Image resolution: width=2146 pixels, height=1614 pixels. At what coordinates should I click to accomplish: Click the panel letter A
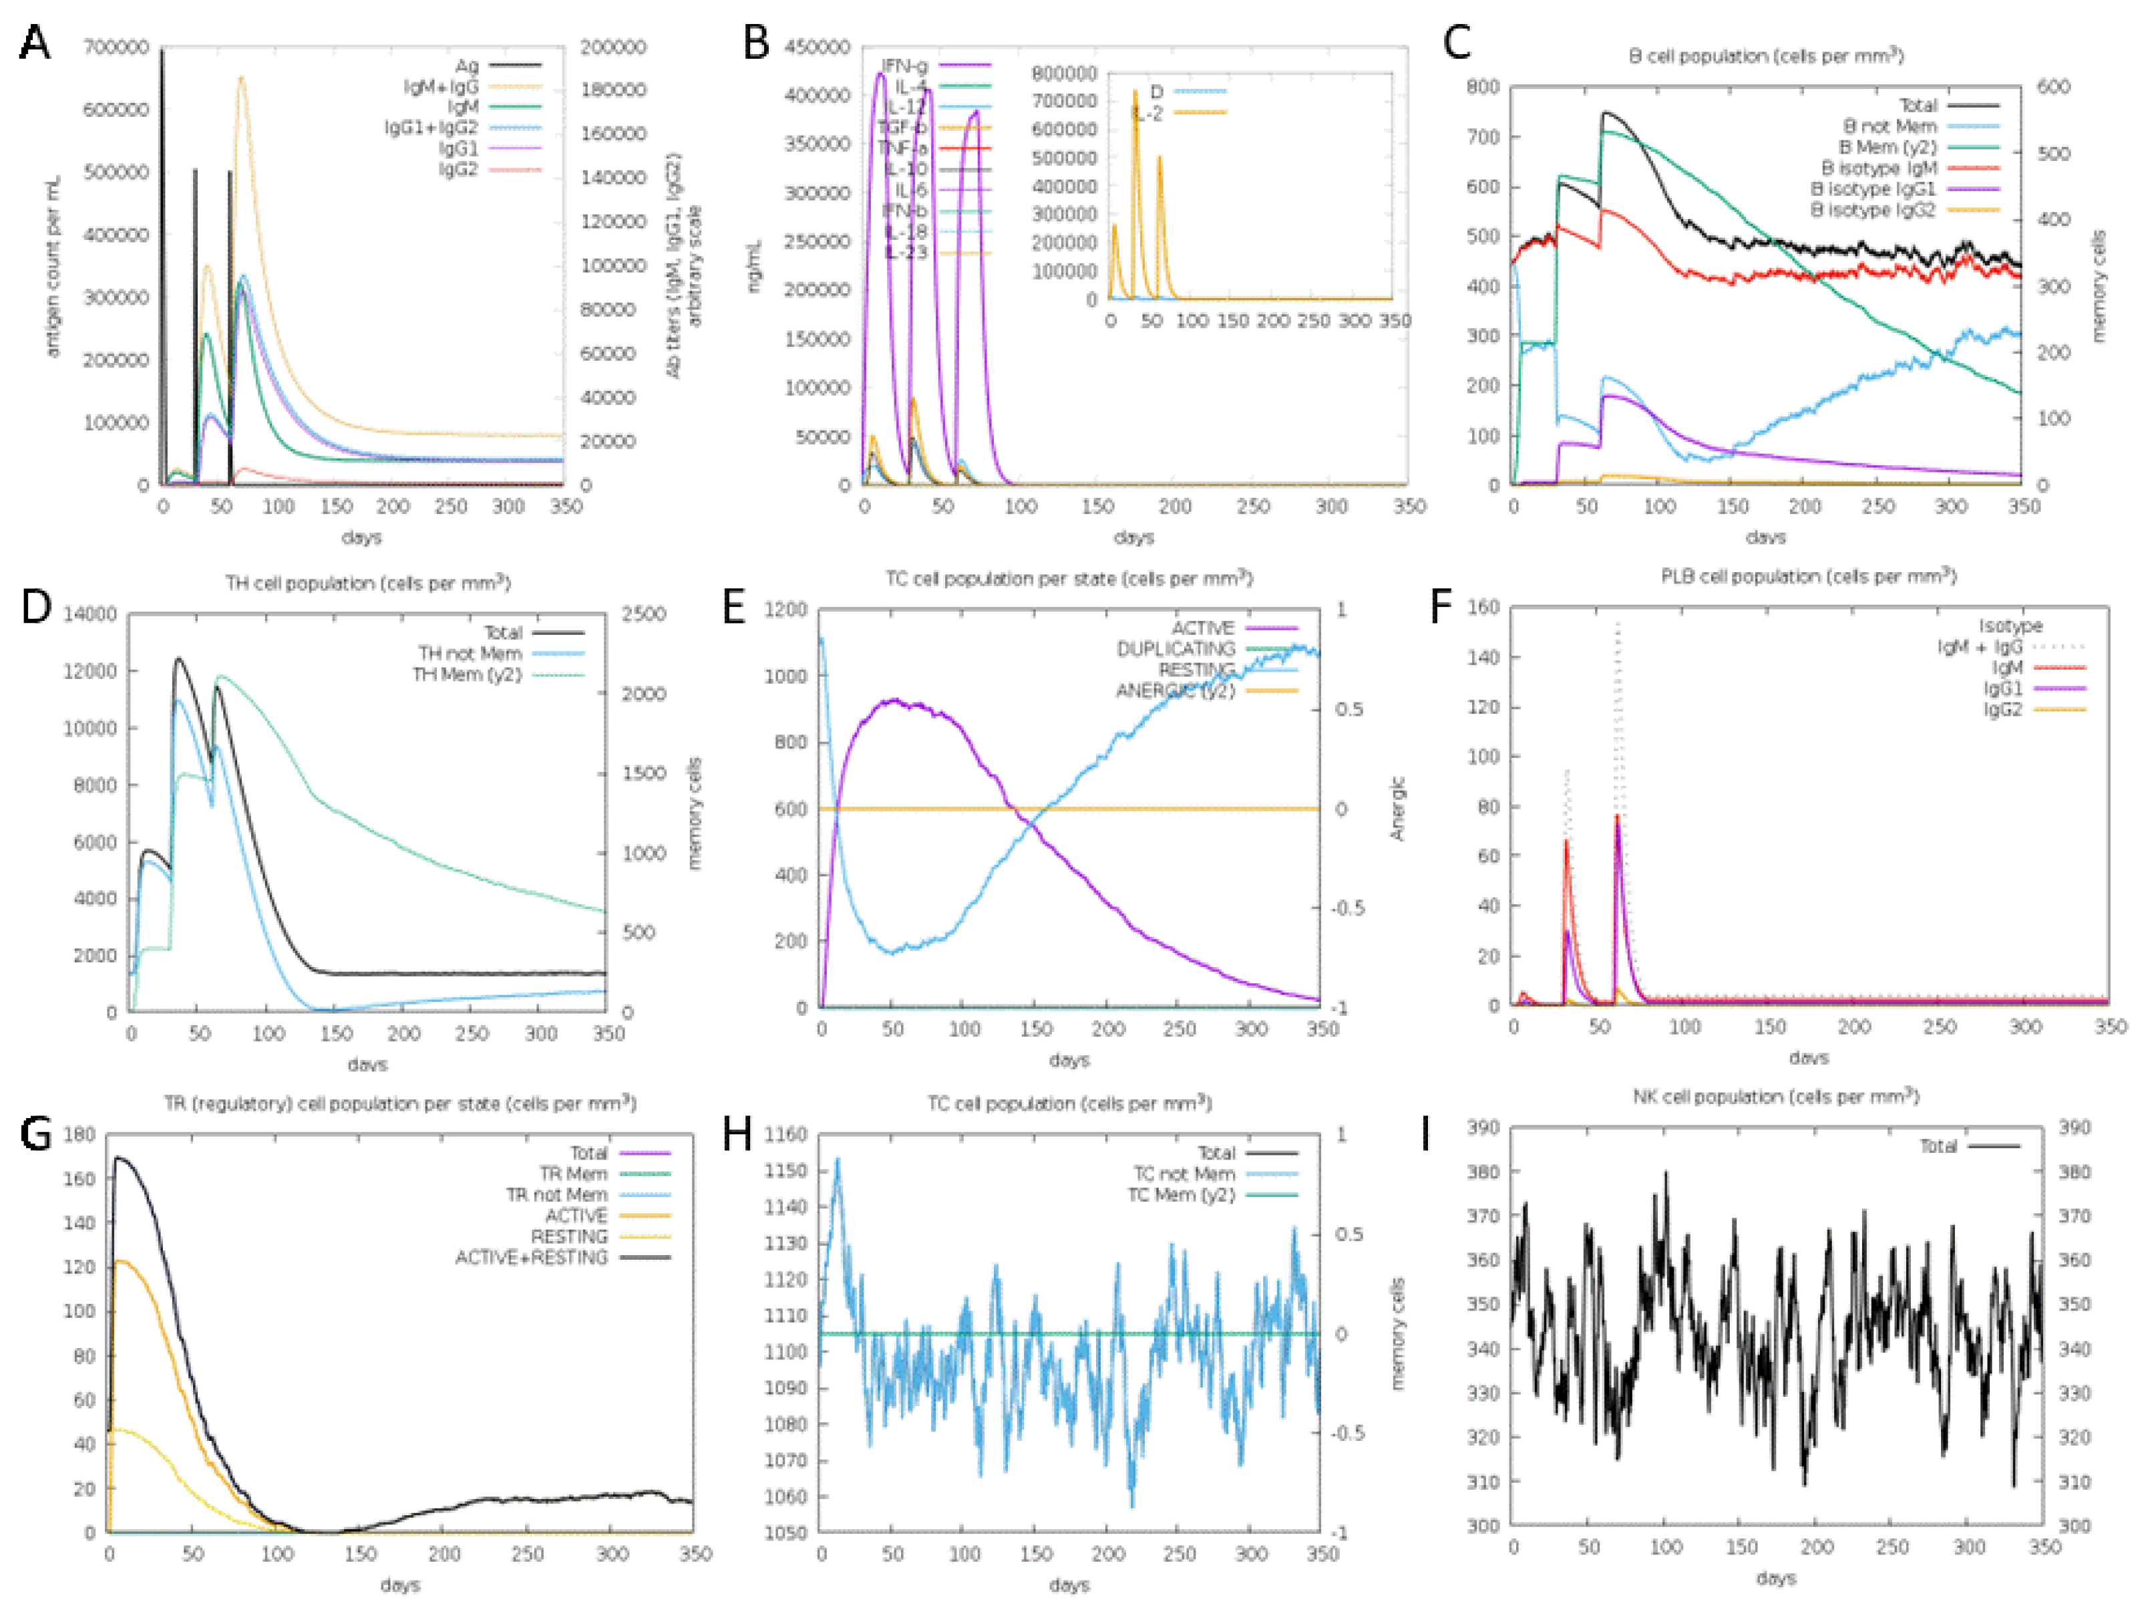pyautogui.click(x=35, y=43)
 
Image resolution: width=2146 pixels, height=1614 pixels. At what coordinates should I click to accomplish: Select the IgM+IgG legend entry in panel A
pyautogui.click(x=441, y=86)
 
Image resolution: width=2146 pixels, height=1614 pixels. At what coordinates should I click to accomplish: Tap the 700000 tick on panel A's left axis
pyautogui.click(x=116, y=47)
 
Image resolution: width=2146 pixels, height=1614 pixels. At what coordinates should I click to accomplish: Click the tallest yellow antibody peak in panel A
pyautogui.click(x=242, y=80)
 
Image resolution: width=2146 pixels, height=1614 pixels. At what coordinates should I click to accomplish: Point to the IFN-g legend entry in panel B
pyautogui.click(x=904, y=65)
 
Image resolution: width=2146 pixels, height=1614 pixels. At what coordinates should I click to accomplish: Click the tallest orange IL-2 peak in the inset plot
pyautogui.click(x=1134, y=92)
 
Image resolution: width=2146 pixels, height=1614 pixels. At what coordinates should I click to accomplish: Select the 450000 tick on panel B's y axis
pyautogui.click(x=817, y=47)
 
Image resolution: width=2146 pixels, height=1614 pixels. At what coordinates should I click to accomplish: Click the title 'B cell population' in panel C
pyautogui.click(x=1766, y=56)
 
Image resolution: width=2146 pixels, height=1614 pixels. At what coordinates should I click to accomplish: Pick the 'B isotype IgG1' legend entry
pyautogui.click(x=1872, y=188)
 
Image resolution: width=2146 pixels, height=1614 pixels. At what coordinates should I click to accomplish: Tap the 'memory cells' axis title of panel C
pyautogui.click(x=2099, y=286)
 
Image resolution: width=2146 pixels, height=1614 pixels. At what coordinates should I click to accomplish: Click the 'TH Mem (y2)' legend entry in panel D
pyautogui.click(x=467, y=674)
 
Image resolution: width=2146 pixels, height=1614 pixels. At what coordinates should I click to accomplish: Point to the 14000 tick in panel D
pyautogui.click(x=90, y=614)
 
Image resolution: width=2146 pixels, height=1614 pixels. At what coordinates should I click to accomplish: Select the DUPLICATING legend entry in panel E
pyautogui.click(x=1175, y=648)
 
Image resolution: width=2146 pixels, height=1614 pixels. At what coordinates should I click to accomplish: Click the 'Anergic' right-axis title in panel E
pyautogui.click(x=1397, y=807)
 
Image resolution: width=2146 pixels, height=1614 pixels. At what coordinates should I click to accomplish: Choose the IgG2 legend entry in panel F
pyautogui.click(x=2002, y=710)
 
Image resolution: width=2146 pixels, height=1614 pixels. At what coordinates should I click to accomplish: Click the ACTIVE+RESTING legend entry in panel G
pyautogui.click(x=531, y=1257)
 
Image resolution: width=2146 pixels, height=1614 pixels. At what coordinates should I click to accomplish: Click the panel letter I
pyautogui.click(x=1425, y=1133)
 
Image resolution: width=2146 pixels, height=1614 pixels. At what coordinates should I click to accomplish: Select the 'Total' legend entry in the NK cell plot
pyautogui.click(x=1938, y=1146)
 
